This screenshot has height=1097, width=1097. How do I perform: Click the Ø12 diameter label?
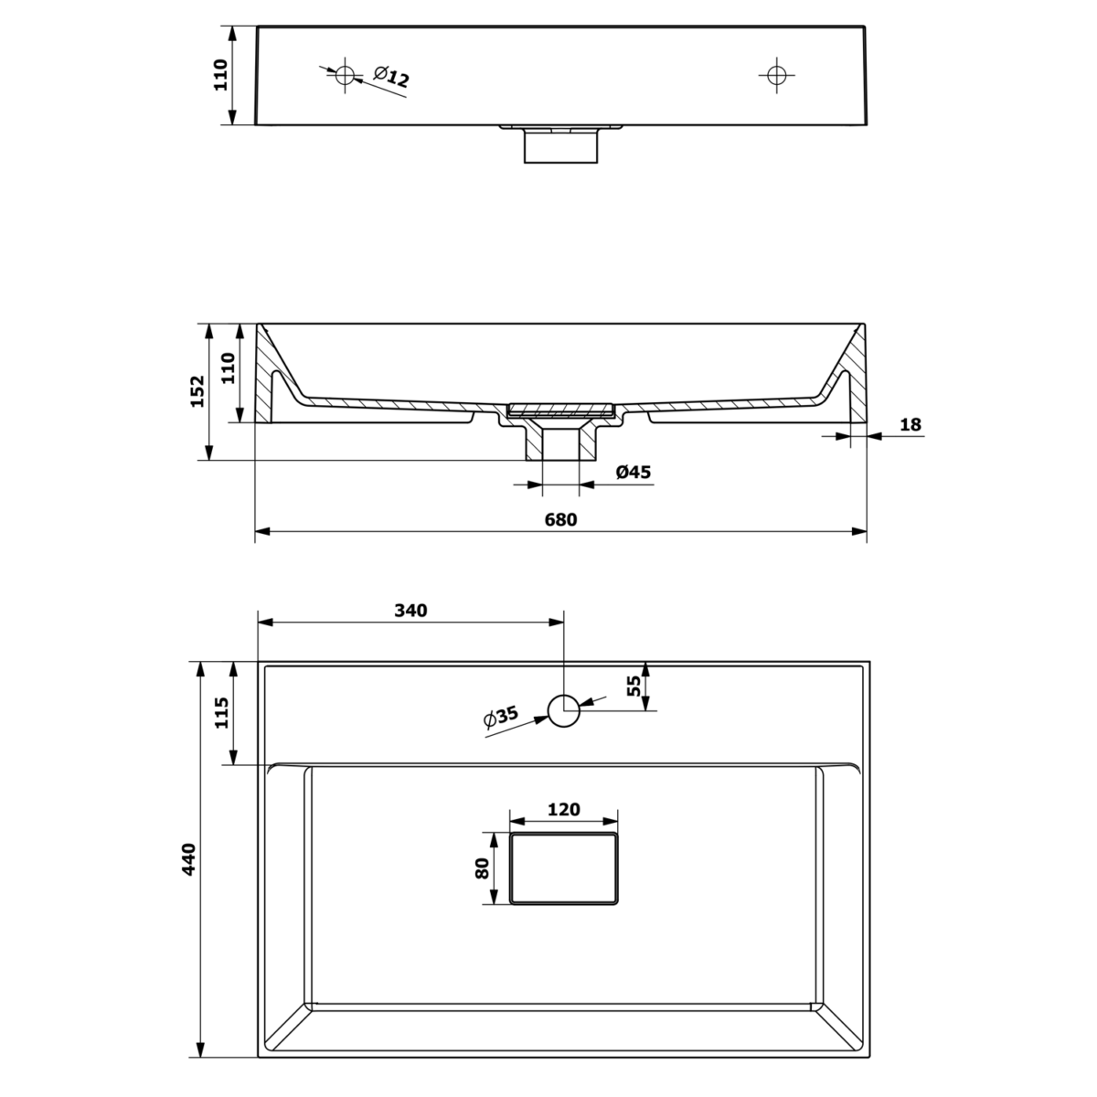[x=391, y=77]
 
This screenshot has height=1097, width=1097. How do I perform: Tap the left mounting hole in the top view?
[x=345, y=75]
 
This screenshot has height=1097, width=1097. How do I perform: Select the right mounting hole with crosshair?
[x=776, y=75]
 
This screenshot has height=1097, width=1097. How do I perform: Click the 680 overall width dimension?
[x=560, y=520]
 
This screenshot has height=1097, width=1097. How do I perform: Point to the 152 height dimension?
[x=197, y=391]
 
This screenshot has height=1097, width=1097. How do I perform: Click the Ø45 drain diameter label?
[x=633, y=472]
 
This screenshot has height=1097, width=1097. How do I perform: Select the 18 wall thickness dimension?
[x=911, y=425]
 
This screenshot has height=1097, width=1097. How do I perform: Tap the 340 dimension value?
[x=410, y=611]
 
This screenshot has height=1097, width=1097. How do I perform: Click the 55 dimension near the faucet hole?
[x=634, y=686]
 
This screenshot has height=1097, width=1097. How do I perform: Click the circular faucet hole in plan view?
[x=564, y=711]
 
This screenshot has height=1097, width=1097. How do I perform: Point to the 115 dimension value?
[x=221, y=712]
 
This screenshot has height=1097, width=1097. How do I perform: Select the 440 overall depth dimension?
[x=188, y=859]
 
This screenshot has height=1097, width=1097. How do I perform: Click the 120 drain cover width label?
[x=564, y=810]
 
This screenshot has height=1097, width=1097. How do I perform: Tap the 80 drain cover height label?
[x=482, y=868]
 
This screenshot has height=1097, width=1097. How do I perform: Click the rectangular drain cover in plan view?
[x=564, y=868]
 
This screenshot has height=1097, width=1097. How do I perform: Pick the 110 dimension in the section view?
[x=228, y=368]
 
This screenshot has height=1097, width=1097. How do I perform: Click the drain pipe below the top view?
[x=560, y=145]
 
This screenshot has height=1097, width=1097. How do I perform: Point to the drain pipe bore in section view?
[x=560, y=445]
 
